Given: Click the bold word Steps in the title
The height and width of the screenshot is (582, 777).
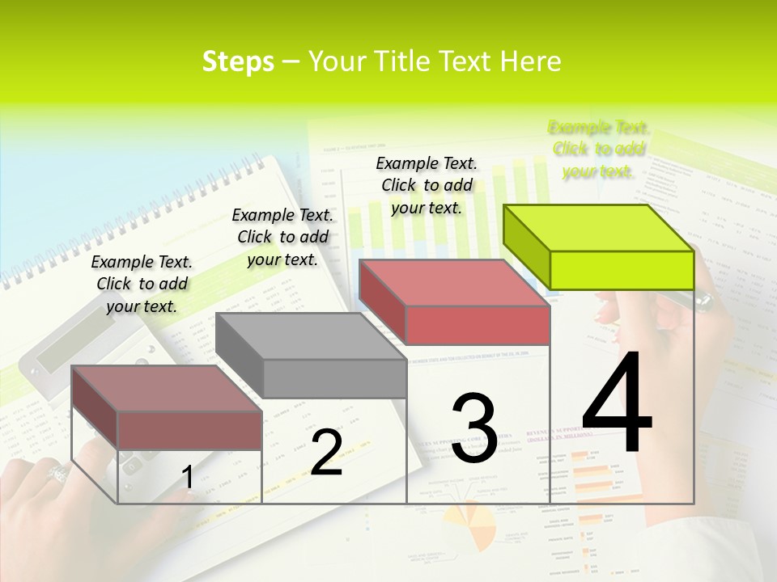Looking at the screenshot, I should [238, 61].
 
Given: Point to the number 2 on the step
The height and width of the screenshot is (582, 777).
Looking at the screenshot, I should [326, 453].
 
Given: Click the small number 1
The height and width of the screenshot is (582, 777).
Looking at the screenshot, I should [187, 478].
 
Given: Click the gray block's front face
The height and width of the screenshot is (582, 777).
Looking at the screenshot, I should [334, 378].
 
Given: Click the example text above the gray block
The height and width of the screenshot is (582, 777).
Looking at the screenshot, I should [282, 237].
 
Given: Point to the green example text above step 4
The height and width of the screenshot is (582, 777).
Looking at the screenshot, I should [598, 149].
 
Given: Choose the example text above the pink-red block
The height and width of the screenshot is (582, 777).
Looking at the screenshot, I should [427, 185].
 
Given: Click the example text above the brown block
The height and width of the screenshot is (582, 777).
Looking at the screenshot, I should [142, 284].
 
